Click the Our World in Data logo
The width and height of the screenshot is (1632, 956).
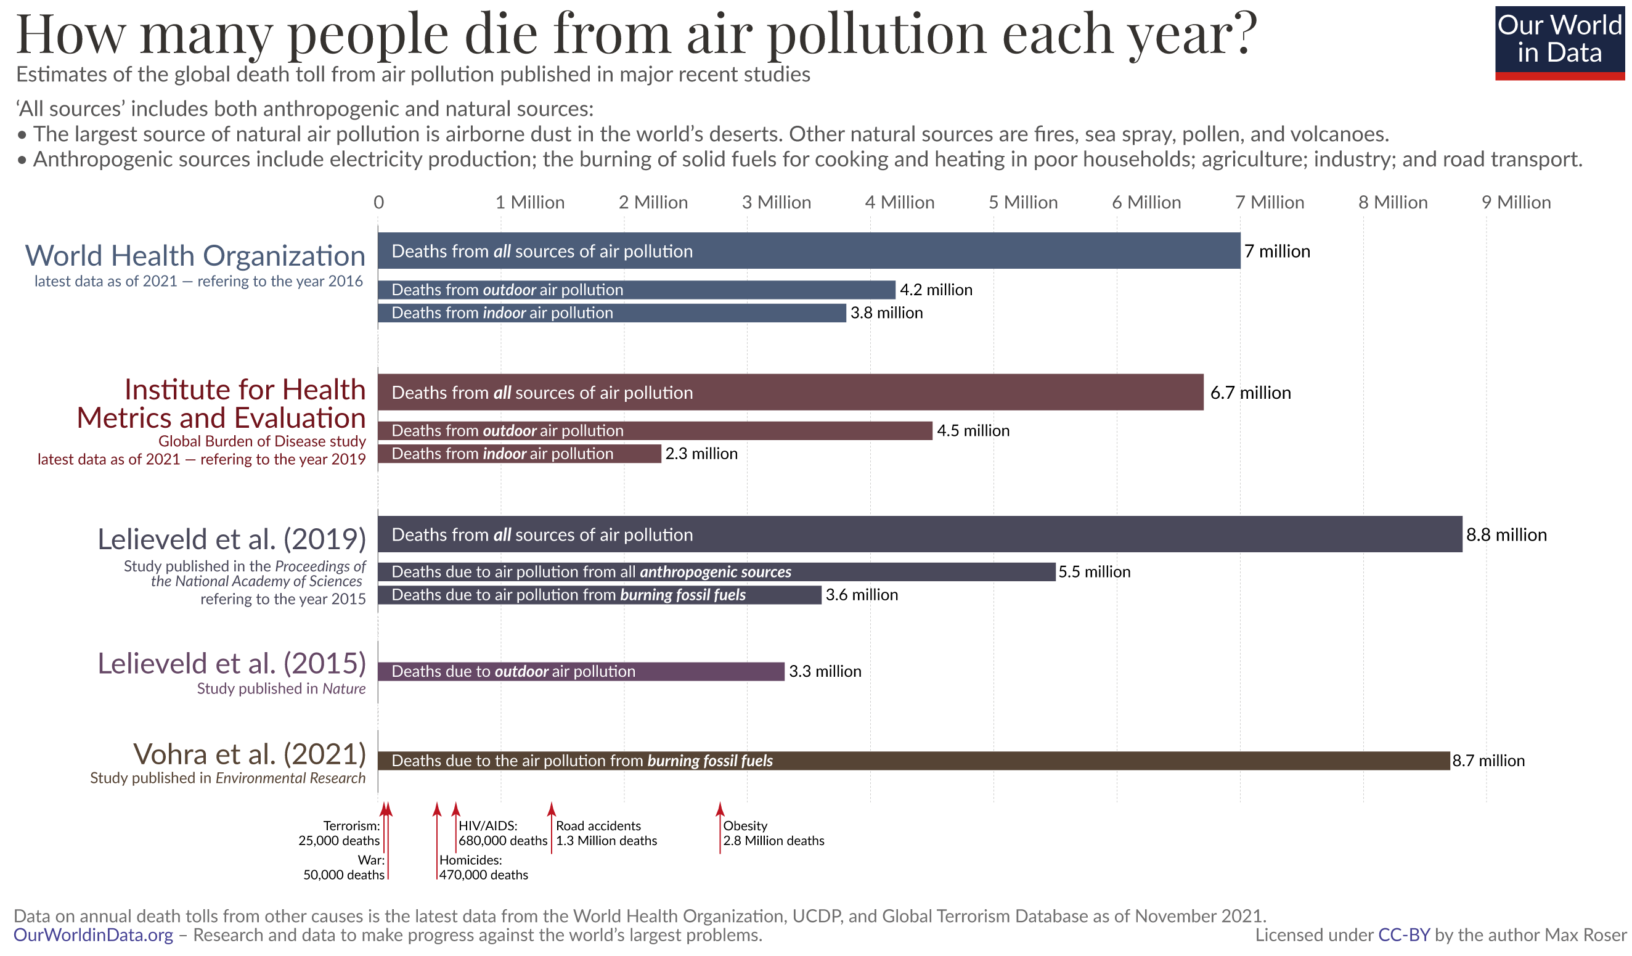click(x=1559, y=43)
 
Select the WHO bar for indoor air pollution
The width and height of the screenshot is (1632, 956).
click(x=611, y=313)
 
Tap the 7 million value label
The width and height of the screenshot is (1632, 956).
click(x=1277, y=251)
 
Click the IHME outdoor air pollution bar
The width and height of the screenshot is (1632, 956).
click(x=654, y=431)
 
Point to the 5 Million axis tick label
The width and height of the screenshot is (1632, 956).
click(x=1022, y=203)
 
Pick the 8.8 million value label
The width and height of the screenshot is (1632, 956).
click(x=1506, y=535)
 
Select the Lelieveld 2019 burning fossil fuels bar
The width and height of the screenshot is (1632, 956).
click(x=599, y=595)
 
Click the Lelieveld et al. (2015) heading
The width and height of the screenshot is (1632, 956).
click(x=232, y=663)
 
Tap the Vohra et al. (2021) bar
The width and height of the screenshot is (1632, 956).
click(x=913, y=761)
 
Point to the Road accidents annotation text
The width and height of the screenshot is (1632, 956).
click(x=605, y=833)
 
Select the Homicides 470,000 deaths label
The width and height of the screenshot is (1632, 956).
click(x=483, y=867)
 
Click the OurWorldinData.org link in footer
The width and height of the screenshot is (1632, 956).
click(x=93, y=935)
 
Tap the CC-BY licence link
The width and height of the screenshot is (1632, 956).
click(x=1403, y=935)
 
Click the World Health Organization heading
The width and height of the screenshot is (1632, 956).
click(x=195, y=256)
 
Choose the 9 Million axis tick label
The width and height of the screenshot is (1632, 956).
click(x=1516, y=203)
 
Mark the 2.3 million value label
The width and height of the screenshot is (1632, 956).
click(x=701, y=454)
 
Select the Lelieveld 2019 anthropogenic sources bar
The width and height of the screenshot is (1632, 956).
click(x=716, y=572)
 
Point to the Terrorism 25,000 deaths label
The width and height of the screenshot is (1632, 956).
click(x=339, y=833)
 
